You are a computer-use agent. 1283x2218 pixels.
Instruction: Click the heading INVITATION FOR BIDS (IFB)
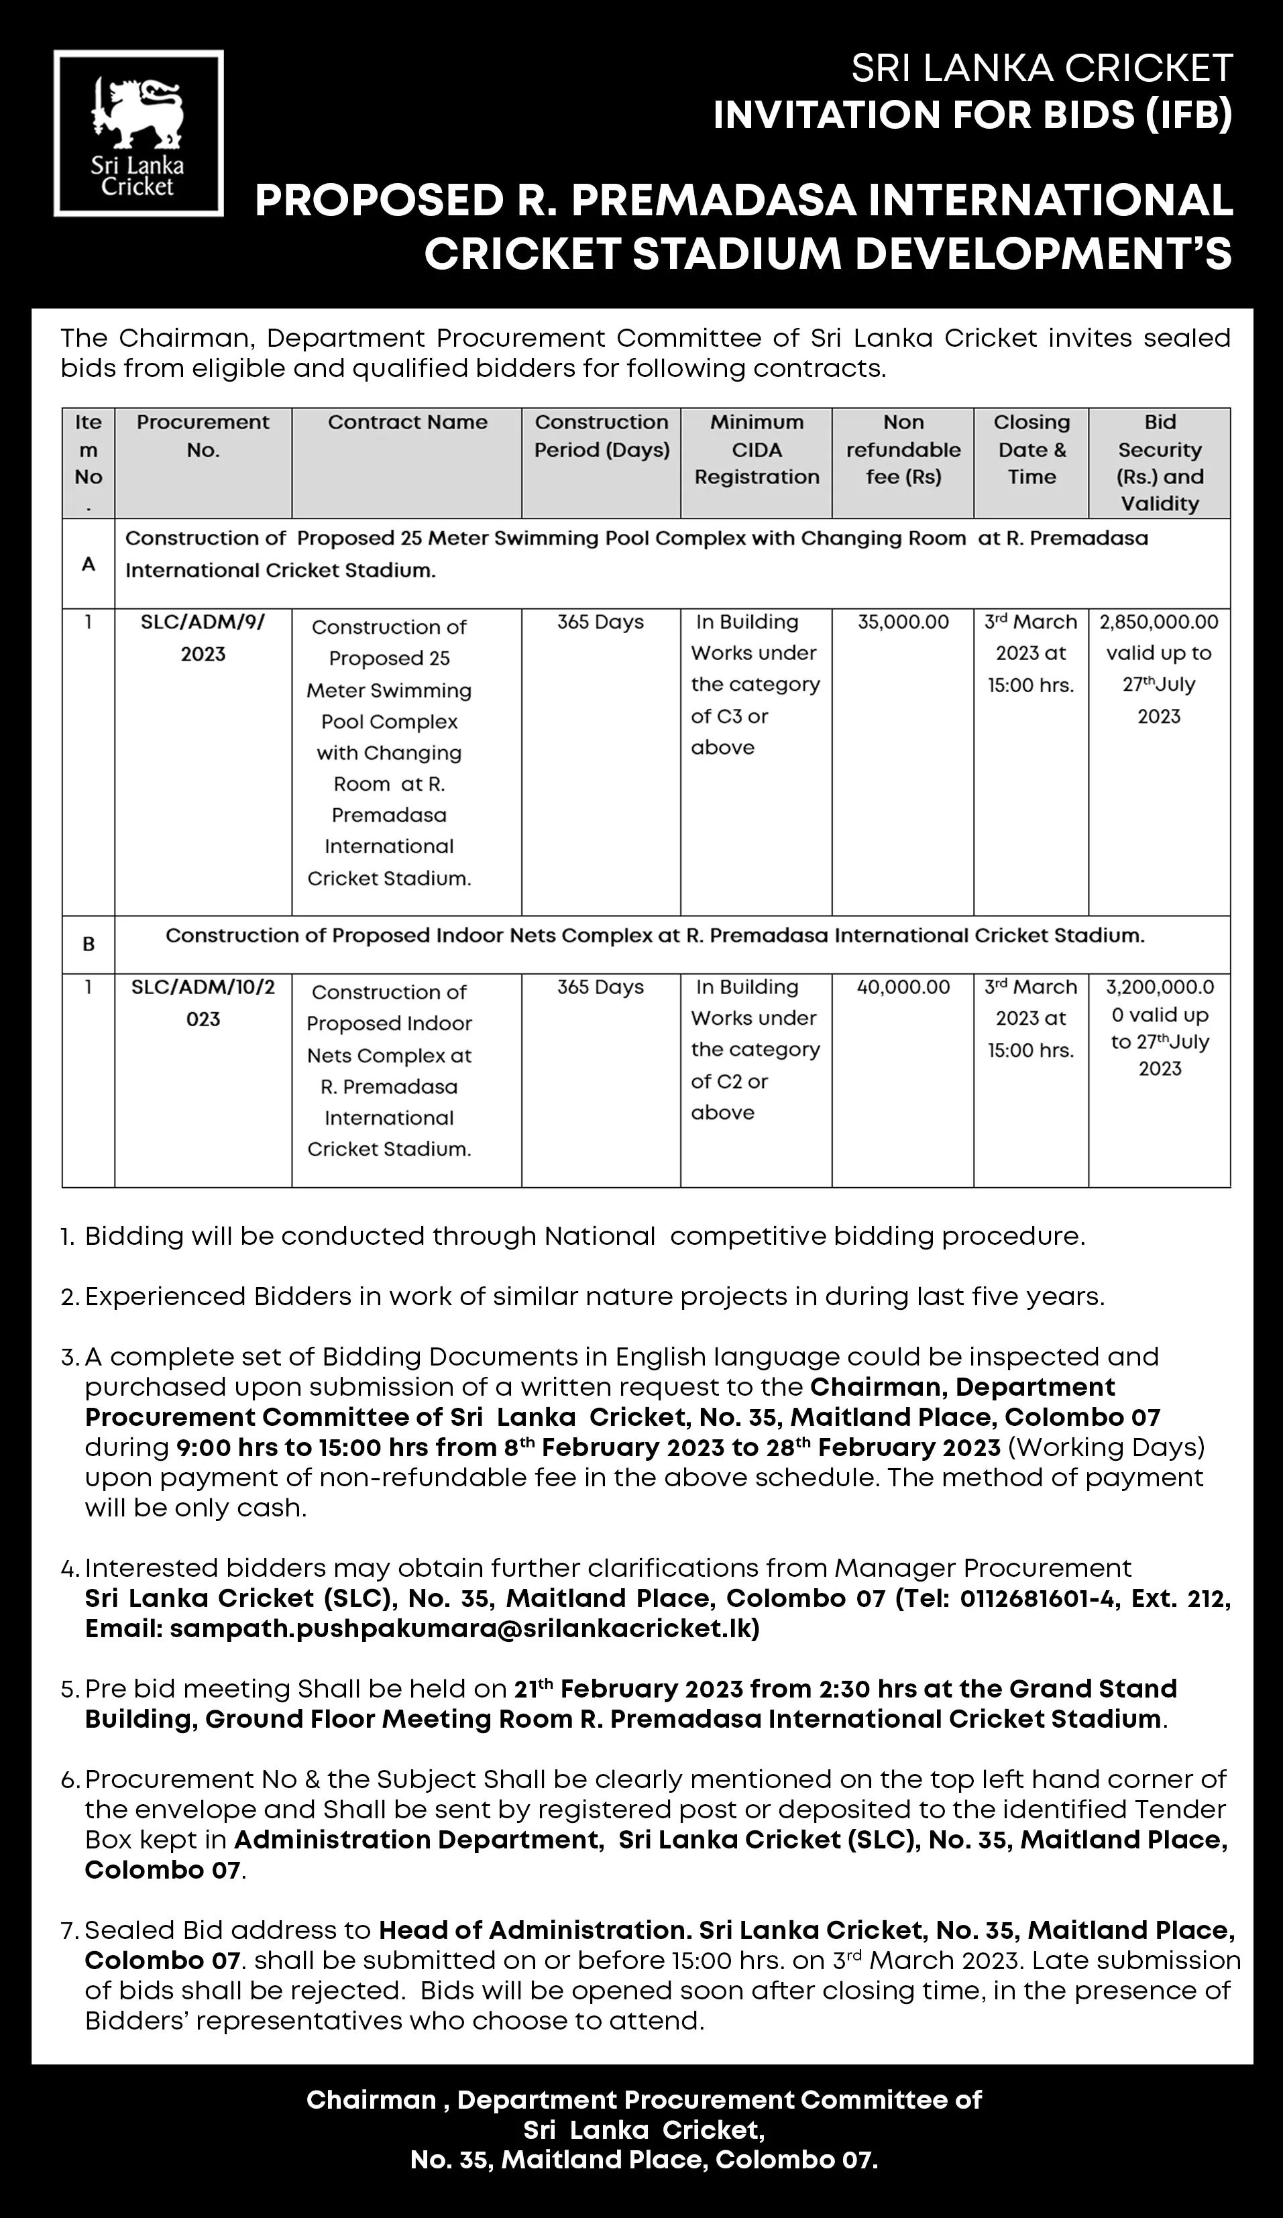(972, 116)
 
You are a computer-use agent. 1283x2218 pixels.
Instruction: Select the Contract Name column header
(407, 423)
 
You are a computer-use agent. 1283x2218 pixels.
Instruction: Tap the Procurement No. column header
(203, 436)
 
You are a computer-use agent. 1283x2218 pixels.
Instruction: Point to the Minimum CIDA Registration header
(757, 450)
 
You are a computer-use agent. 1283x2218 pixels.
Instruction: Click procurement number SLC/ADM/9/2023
(203, 637)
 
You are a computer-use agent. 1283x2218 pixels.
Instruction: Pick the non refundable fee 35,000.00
(903, 622)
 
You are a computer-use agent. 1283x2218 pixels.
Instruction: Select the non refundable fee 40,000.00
(903, 987)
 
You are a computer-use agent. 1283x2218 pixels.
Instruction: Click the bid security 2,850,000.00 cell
(1159, 622)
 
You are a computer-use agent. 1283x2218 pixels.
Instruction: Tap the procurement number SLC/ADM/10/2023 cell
(203, 1003)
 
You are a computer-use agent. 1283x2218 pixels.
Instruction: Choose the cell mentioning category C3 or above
(755, 685)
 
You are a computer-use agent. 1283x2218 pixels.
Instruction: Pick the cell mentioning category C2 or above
(755, 1050)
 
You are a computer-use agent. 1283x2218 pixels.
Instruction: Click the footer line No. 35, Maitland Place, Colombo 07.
(643, 2160)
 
